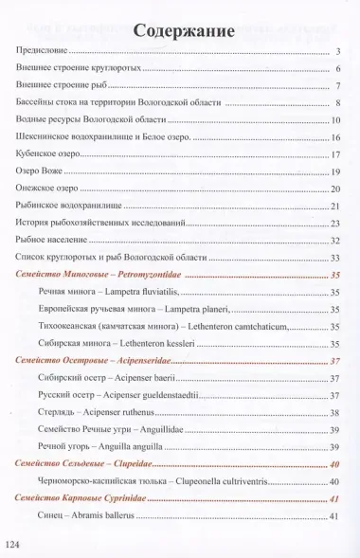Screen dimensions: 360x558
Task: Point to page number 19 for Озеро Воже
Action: tap(335, 171)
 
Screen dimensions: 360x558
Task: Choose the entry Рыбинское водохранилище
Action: tap(69, 206)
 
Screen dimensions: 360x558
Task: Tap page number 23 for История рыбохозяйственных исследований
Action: tap(335, 223)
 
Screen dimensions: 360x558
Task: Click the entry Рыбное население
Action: tap(52, 240)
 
